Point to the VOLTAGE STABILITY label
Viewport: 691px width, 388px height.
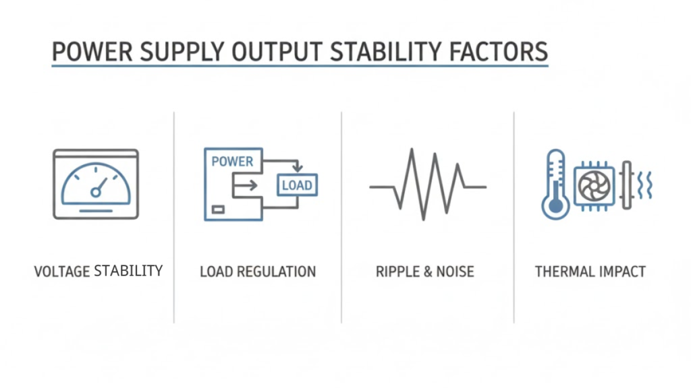pos(99,271)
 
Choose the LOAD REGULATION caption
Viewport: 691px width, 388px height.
pos(258,272)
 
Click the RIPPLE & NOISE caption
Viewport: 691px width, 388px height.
pos(425,272)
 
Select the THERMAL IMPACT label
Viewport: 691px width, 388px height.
pos(590,272)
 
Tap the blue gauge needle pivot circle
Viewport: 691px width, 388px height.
pos(96,193)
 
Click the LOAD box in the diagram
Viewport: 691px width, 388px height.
pos(297,185)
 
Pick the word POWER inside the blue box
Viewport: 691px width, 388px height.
pos(232,162)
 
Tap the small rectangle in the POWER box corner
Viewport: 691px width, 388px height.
pos(218,210)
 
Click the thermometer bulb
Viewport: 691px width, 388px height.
pos(555,205)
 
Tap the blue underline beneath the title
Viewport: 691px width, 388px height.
pos(300,66)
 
